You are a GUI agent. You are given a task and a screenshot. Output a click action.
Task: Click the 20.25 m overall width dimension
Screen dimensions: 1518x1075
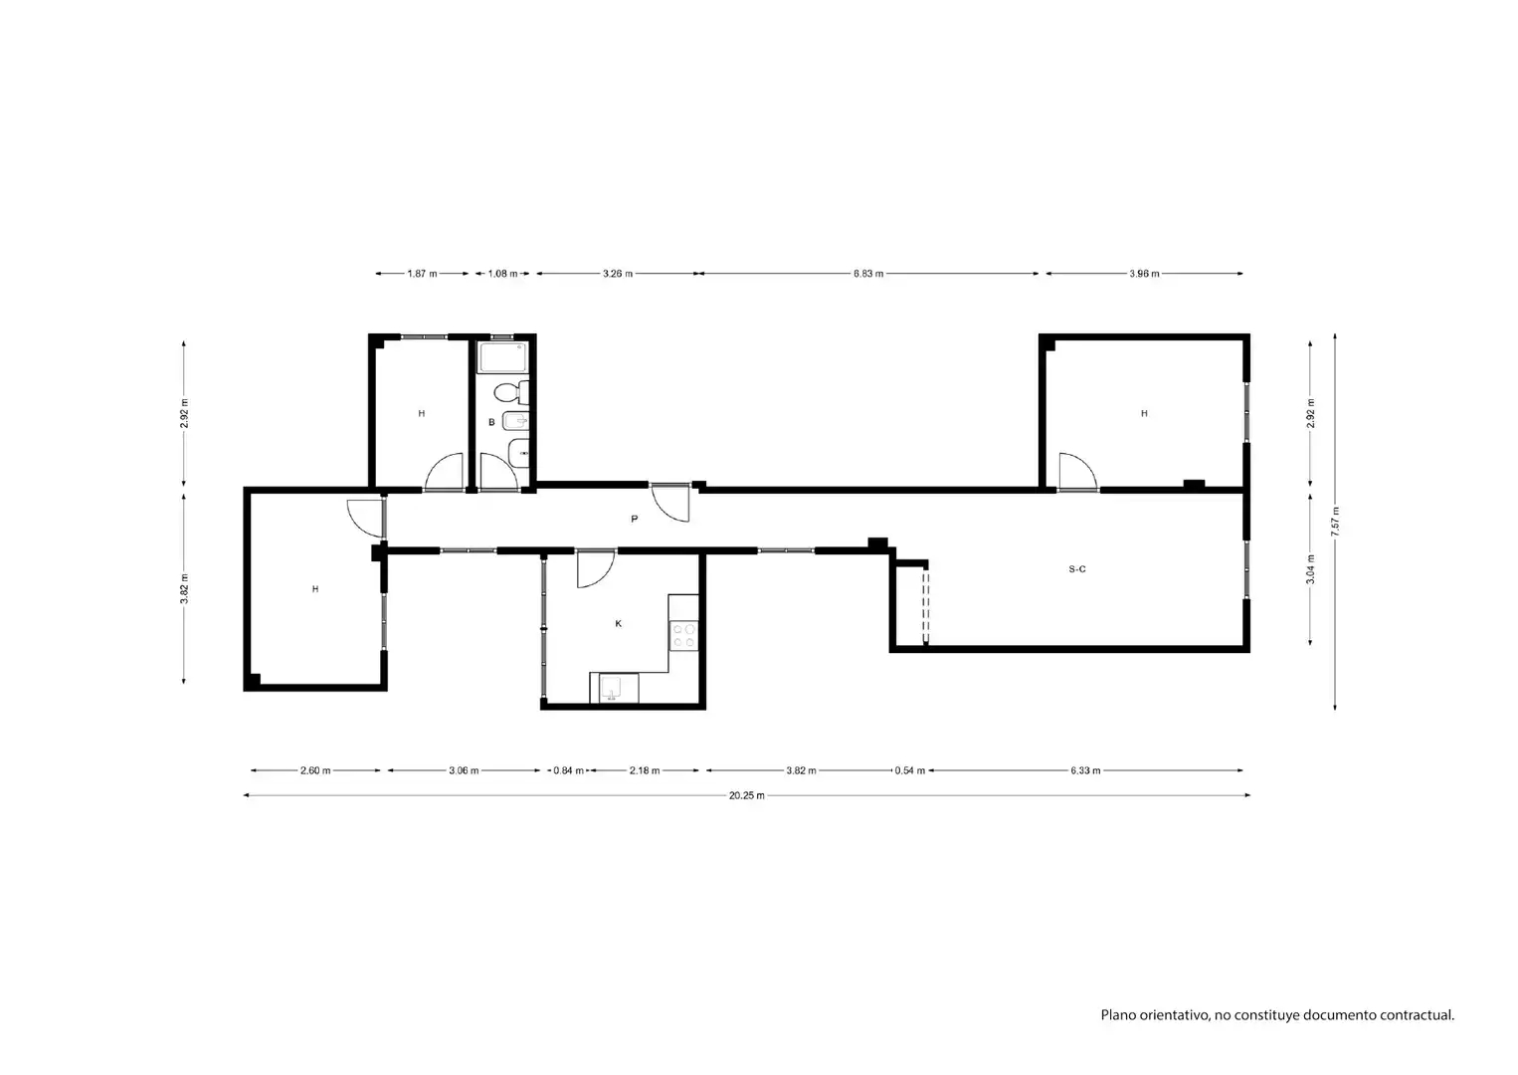(x=746, y=795)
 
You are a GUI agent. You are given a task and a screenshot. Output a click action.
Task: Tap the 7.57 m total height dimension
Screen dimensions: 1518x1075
(x=1335, y=522)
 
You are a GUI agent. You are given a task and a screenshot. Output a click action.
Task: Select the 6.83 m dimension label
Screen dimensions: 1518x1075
(x=868, y=274)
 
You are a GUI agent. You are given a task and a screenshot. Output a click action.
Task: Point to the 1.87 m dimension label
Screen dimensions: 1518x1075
(x=422, y=274)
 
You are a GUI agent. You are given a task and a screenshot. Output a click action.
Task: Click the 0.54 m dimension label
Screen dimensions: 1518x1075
(x=909, y=770)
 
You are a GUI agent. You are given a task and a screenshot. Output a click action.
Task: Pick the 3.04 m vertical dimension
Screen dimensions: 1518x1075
(x=1310, y=569)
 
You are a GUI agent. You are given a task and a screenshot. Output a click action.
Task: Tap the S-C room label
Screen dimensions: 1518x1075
(x=1077, y=569)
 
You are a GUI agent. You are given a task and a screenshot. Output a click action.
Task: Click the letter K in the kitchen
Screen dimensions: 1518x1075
(x=618, y=623)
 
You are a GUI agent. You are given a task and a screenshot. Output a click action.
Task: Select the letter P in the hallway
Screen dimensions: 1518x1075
(x=635, y=519)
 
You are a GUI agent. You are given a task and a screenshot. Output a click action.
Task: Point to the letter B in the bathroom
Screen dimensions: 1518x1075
(x=491, y=422)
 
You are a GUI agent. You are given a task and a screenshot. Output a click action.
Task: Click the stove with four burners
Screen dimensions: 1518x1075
(x=683, y=636)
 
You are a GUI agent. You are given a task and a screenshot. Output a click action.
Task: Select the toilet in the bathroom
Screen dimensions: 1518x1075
(x=511, y=392)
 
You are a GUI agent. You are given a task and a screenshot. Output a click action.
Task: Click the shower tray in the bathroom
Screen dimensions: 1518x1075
(x=502, y=356)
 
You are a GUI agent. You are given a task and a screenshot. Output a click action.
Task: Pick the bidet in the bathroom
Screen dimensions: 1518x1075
(x=515, y=421)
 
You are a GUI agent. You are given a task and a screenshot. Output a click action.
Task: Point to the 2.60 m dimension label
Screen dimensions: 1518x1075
(x=315, y=770)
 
